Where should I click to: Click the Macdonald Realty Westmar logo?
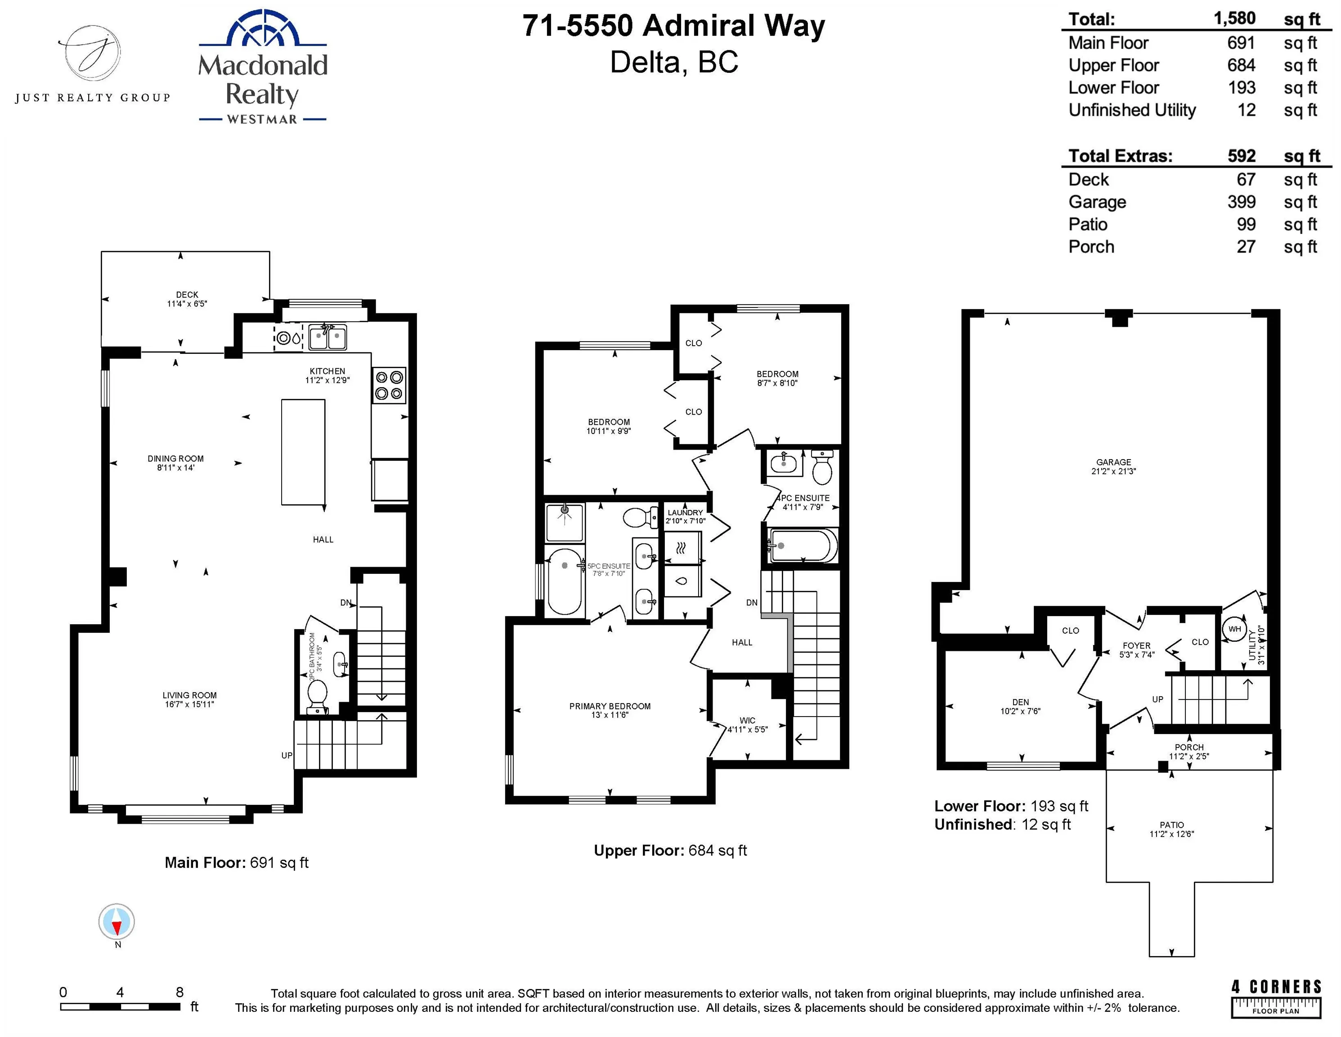click(263, 67)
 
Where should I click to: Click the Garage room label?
click(1113, 467)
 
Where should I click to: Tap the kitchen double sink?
click(328, 337)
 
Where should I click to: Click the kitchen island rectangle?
click(303, 452)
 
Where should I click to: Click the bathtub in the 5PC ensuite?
click(564, 581)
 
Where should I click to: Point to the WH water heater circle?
click(1235, 629)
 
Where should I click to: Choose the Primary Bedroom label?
click(610, 711)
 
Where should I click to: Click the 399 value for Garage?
click(1241, 202)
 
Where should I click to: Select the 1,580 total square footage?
click(1234, 18)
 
